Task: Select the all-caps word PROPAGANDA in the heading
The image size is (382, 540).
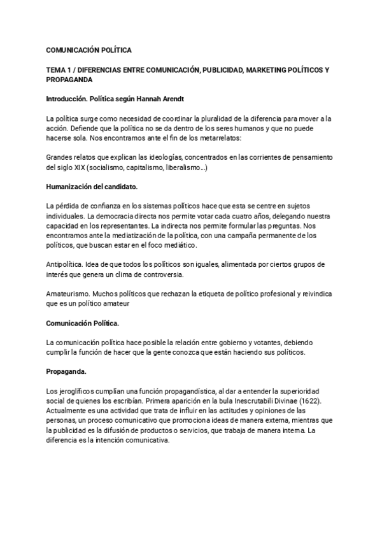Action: pos(69,80)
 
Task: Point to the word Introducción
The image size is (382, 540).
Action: pos(67,99)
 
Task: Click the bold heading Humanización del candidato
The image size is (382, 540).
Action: pos(92,187)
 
